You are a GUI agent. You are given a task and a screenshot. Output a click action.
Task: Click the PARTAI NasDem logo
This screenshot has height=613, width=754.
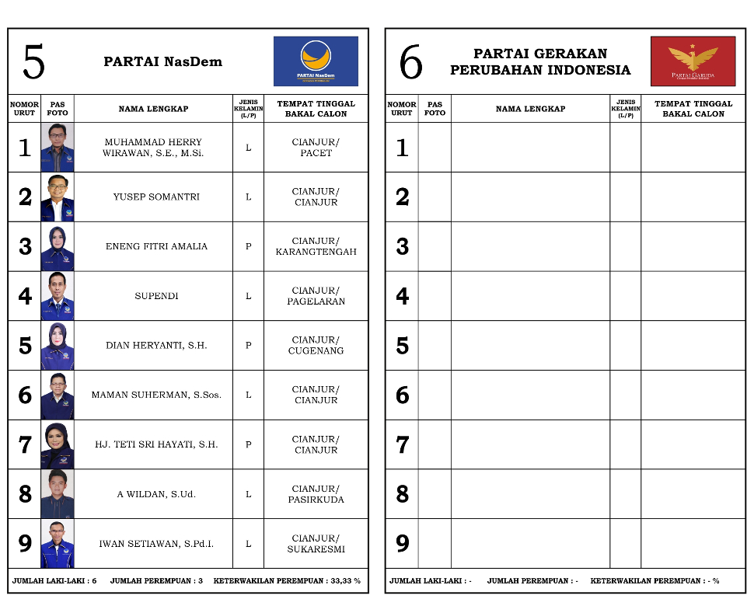[316, 61]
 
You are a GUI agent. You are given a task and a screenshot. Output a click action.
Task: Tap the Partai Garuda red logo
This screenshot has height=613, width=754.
[693, 61]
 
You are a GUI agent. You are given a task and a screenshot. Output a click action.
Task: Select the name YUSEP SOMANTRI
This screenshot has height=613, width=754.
[156, 197]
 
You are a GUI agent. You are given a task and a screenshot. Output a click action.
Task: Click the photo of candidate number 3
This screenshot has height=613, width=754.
[58, 247]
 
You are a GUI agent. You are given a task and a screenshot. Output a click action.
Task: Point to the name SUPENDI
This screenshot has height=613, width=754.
[156, 296]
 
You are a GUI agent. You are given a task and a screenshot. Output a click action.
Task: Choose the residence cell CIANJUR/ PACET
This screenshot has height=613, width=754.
[316, 148]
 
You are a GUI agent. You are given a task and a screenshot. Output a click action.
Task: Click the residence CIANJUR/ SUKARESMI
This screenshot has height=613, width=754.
[316, 544]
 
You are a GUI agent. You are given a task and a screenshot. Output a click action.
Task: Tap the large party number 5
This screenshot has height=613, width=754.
[33, 62]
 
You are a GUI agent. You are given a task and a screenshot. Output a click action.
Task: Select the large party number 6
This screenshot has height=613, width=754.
[410, 62]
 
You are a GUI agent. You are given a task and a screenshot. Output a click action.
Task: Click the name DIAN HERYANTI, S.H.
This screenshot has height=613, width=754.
[156, 346]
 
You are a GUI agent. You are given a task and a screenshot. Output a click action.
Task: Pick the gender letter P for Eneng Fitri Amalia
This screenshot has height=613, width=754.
[249, 247]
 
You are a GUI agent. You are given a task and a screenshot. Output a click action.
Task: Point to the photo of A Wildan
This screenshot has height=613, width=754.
[58, 494]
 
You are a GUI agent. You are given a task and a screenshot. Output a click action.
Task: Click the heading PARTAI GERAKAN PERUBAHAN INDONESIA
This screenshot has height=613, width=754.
[540, 62]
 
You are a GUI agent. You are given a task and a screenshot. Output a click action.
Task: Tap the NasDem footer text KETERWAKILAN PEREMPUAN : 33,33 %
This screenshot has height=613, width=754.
[287, 581]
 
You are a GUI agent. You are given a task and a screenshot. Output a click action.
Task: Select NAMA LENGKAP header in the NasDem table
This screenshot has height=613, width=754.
[153, 109]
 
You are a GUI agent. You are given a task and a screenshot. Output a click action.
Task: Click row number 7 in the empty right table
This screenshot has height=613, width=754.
[402, 444]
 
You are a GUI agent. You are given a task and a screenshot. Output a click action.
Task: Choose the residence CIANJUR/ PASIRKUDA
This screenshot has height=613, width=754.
[316, 494]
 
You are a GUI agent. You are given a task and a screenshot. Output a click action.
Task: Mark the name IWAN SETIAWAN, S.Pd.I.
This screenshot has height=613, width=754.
[156, 544]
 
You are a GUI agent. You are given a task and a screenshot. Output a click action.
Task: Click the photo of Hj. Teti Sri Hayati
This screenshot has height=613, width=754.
[58, 444]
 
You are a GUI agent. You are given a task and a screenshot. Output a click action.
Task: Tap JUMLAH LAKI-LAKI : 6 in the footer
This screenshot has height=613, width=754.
[54, 581]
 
